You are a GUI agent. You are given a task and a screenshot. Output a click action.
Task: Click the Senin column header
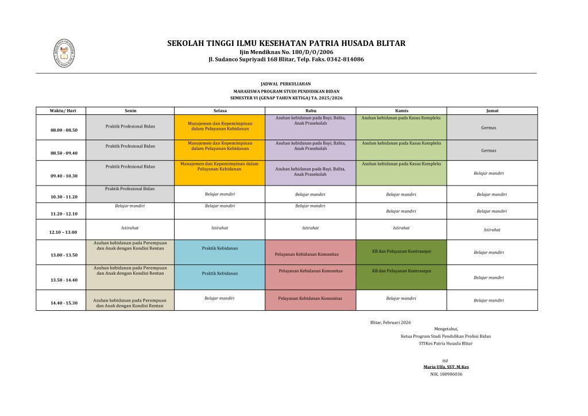(130, 110)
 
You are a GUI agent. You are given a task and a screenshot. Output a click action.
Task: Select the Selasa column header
(220, 110)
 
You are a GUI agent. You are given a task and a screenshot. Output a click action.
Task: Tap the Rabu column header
(311, 110)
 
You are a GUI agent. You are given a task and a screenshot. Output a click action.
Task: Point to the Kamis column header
(401, 110)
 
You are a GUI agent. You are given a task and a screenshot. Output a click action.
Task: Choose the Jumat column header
(492, 110)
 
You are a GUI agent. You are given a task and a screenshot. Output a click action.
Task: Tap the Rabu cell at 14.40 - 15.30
(310, 298)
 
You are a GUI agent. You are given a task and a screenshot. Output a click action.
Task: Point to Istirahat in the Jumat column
(492, 229)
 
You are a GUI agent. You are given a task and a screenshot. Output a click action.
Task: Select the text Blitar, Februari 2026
(390, 322)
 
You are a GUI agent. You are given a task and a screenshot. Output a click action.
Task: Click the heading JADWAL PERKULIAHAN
(285, 84)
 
